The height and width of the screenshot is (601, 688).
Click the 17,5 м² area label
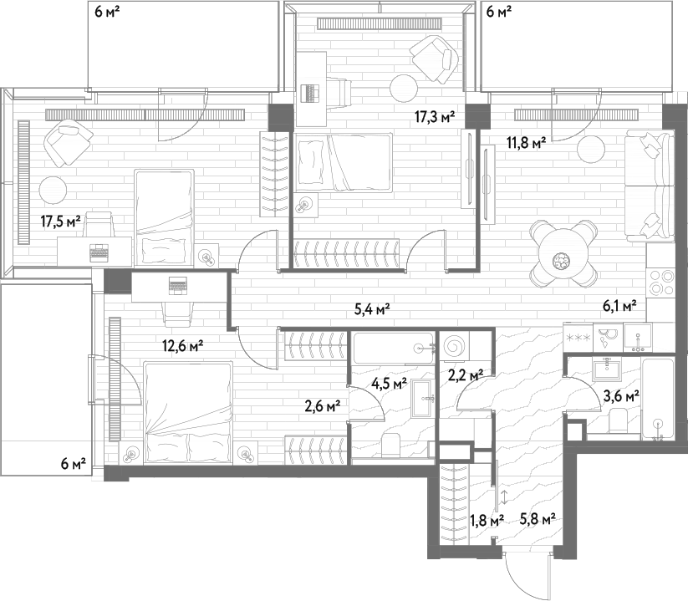pos(61,222)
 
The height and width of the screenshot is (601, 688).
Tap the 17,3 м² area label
pos(435,117)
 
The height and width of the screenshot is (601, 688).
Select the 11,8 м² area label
pos(527,143)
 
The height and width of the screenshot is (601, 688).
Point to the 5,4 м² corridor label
pos(373,310)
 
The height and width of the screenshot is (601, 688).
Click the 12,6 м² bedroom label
pos(182,347)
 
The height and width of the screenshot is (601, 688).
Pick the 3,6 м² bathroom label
pos(621,396)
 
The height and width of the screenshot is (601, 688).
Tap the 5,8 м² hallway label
pos(538,520)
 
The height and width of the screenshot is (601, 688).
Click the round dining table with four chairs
pos(563,254)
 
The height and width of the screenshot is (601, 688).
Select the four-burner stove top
pos(660,282)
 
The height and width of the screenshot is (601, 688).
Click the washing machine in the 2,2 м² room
pos(454,346)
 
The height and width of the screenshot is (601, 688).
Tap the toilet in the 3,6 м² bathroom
pos(619,420)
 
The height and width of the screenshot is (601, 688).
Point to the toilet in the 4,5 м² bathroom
pos(390,445)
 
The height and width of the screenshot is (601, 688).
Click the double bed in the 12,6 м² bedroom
pos(188,411)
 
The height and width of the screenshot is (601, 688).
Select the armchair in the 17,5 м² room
pos(68,144)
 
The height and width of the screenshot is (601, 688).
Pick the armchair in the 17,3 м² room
pos(434,59)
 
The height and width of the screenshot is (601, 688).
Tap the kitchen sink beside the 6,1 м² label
pos(638,338)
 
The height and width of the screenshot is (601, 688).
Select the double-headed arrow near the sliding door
pos(505,497)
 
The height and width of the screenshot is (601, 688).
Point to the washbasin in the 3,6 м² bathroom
pos(607,369)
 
